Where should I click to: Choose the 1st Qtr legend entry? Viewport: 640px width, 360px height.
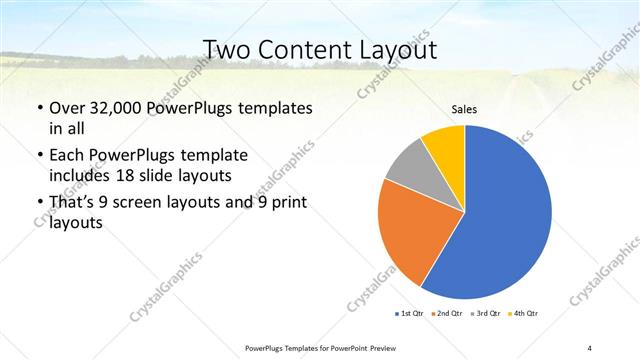tap(409, 313)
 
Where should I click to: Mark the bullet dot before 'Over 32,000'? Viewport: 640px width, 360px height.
tap(39, 108)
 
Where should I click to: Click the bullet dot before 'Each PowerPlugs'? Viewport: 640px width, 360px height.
tap(39, 156)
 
